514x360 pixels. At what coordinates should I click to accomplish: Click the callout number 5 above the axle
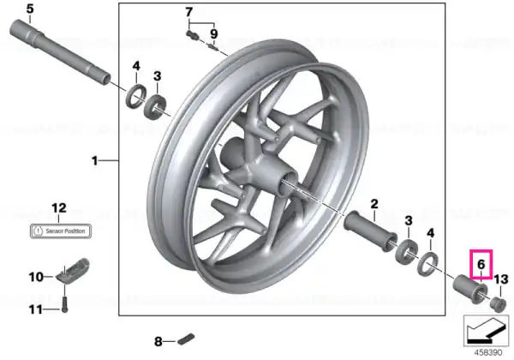pyautogui.click(x=30, y=9)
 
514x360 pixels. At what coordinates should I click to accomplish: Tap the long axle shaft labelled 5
pyautogui.click(x=60, y=52)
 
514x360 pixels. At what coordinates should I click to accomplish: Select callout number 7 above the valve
pyautogui.click(x=188, y=12)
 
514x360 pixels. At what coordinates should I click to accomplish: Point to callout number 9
pyautogui.click(x=213, y=33)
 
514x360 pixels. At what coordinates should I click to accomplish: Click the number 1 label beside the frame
pyautogui.click(x=95, y=161)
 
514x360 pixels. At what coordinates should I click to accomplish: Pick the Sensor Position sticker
pyautogui.click(x=60, y=231)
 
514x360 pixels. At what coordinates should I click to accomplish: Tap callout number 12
pyautogui.click(x=59, y=208)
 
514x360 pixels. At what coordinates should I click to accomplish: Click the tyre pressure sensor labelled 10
pyautogui.click(x=73, y=269)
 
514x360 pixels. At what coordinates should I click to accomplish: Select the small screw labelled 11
pyautogui.click(x=65, y=305)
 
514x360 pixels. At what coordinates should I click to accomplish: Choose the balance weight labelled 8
pyautogui.click(x=186, y=339)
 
